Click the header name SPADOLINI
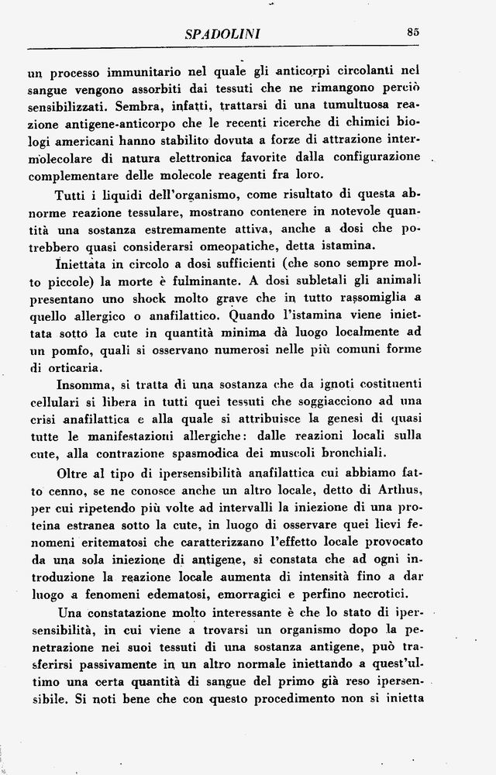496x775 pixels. point(222,34)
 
